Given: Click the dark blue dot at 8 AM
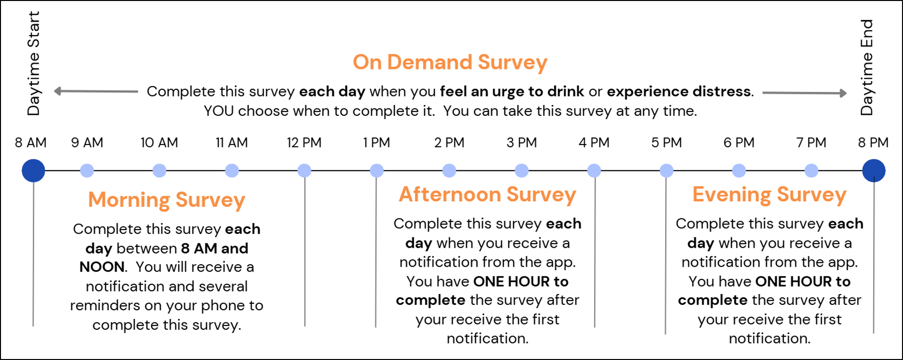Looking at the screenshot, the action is click(33, 170).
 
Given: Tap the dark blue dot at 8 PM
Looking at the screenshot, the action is click(874, 170).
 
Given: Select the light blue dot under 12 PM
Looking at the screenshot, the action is click(304, 170).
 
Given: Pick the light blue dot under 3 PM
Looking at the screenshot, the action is click(521, 170).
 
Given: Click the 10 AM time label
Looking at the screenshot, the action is click(159, 143).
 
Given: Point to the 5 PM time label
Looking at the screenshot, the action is click(666, 143).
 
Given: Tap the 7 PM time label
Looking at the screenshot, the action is click(811, 143).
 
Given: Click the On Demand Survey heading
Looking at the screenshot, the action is click(450, 63).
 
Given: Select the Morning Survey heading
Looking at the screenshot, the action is click(167, 200).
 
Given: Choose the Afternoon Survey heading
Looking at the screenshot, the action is click(488, 194).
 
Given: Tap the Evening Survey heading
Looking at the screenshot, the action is click(770, 195).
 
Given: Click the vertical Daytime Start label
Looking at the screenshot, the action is click(33, 64).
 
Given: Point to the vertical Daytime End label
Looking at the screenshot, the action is click(866, 67).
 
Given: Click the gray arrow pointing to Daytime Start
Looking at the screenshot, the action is click(96, 91).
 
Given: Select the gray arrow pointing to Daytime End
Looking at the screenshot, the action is click(804, 93).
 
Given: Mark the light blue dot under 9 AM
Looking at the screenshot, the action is click(87, 170).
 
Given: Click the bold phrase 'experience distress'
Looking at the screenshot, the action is click(679, 91).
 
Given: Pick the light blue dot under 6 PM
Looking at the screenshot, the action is click(739, 170).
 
